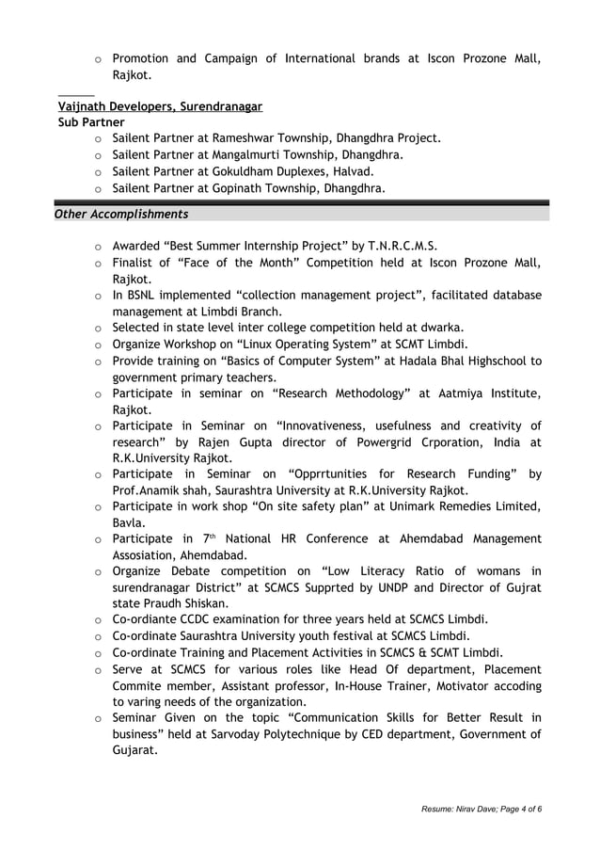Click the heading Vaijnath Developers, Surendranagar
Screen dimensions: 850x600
pyautogui.click(x=160, y=106)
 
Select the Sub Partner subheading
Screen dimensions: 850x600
pyautogui.click(x=91, y=122)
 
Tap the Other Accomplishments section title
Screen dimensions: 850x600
pyautogui.click(x=121, y=214)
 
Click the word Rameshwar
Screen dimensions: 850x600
pyautogui.click(x=230, y=138)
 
